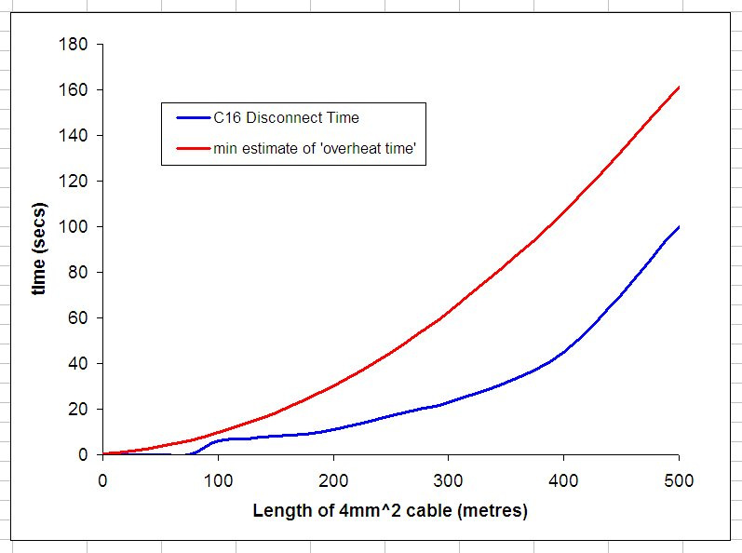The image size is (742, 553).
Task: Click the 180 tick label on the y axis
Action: [x=74, y=45]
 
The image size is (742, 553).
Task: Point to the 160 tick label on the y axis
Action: [x=74, y=90]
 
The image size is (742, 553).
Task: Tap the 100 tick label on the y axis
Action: [x=74, y=227]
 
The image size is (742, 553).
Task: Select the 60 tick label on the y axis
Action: [x=78, y=318]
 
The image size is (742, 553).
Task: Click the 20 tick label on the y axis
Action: [x=78, y=410]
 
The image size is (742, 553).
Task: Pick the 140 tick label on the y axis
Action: [x=74, y=136]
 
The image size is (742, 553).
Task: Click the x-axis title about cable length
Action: [x=390, y=511]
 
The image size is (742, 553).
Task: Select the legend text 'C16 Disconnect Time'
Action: [x=286, y=118]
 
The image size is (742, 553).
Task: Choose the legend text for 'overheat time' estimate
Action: [x=318, y=148]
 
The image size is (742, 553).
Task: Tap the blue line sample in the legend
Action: [x=192, y=118]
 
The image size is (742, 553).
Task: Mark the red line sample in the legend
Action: [x=192, y=148]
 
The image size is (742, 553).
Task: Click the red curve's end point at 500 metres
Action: [x=679, y=88]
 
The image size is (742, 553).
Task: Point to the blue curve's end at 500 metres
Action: [x=679, y=227]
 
